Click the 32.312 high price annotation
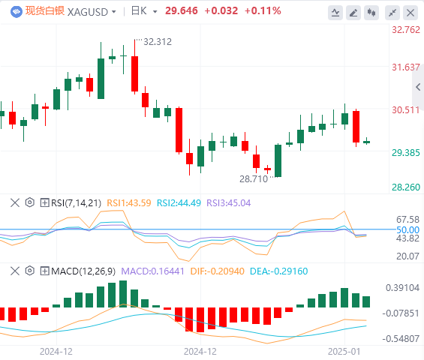(158, 42)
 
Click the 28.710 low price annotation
(254, 179)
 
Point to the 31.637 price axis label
(406, 67)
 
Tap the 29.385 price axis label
(406, 153)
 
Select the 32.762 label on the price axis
(406, 30)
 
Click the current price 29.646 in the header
(182, 10)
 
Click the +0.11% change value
(263, 10)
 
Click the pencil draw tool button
(353, 13)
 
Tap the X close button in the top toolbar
(410, 13)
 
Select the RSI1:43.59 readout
(129, 203)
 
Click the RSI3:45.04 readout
(228, 203)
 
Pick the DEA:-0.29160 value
(279, 271)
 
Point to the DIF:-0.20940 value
(218, 271)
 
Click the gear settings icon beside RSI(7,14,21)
(30, 202)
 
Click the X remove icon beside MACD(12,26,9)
(15, 271)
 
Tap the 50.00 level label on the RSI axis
(407, 230)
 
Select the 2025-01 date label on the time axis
(344, 352)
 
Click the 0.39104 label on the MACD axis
(402, 288)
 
